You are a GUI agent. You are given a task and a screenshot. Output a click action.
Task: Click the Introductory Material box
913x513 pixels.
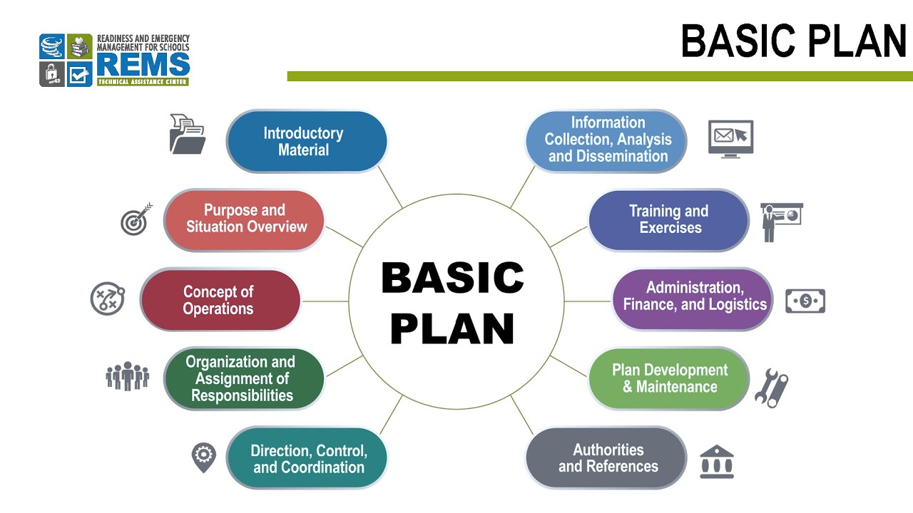(x=306, y=141)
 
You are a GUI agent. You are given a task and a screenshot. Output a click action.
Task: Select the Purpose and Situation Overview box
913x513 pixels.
(x=244, y=219)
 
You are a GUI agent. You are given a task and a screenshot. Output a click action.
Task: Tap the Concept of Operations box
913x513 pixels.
(x=220, y=300)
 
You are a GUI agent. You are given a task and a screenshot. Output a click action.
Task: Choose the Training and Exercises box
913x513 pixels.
(x=668, y=219)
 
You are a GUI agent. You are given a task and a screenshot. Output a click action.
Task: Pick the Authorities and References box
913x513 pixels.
(x=606, y=458)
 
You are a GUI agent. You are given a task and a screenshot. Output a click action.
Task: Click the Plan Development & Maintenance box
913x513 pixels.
(x=668, y=378)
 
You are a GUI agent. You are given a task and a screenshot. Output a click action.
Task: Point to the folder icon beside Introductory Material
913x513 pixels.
(x=187, y=134)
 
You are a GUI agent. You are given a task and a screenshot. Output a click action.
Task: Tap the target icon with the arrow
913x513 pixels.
(x=136, y=219)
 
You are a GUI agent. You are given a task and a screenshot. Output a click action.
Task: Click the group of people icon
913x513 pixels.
(x=127, y=375)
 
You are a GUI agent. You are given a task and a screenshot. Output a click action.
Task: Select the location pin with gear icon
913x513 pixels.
(x=203, y=457)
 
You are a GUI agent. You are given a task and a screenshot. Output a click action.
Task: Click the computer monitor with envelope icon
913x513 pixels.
(x=730, y=138)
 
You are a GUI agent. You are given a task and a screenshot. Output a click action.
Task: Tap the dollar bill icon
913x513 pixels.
(x=805, y=301)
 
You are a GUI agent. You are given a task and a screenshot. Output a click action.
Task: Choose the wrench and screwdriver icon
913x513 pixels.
(x=771, y=388)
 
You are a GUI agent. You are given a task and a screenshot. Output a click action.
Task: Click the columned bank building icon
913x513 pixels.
(x=717, y=462)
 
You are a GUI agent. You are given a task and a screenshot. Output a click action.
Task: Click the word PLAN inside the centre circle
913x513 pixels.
(x=452, y=328)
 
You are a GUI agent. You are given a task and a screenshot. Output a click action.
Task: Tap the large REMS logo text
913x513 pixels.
(x=143, y=65)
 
